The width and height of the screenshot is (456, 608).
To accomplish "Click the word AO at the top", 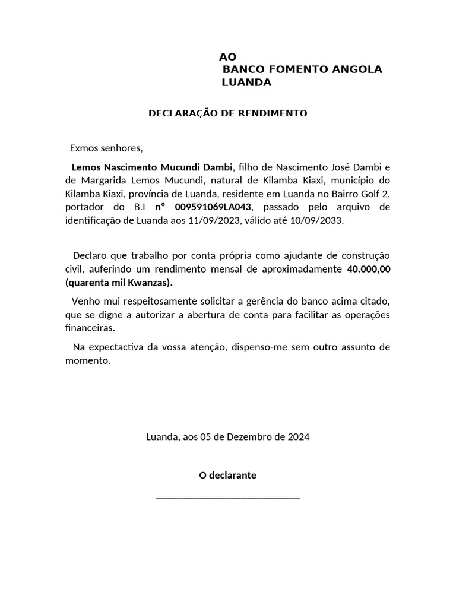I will pyautogui.click(x=227, y=57).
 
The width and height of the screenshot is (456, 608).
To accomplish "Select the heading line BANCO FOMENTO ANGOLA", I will pyautogui.click(x=302, y=69).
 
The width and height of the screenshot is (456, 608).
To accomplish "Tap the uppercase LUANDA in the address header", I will pyautogui.click(x=246, y=83).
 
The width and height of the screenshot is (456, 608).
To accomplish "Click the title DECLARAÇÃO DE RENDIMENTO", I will pyautogui.click(x=227, y=113).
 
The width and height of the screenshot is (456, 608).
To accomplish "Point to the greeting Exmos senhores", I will pyautogui.click(x=106, y=147).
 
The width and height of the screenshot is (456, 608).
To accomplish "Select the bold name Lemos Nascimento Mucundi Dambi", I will pyautogui.click(x=153, y=166).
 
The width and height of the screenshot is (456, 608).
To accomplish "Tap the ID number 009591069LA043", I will pyautogui.click(x=214, y=207).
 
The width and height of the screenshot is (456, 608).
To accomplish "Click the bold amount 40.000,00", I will pyautogui.click(x=368, y=269).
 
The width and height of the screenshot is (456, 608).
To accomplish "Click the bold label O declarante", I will pyautogui.click(x=227, y=476).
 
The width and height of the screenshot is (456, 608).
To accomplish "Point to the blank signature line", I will pyautogui.click(x=227, y=496).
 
